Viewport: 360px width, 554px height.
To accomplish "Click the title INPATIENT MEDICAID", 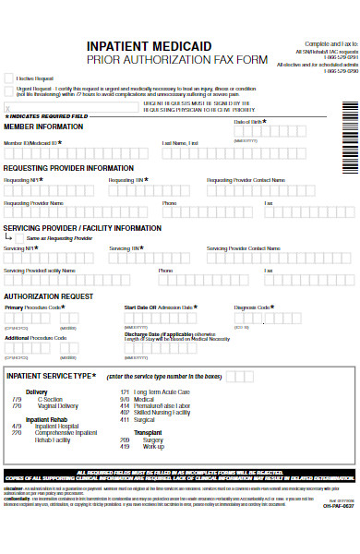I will click(x=150, y=46).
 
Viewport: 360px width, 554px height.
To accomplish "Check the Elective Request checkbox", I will click(x=9, y=78).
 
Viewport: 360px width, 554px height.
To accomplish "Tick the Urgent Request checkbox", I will click(x=9, y=91).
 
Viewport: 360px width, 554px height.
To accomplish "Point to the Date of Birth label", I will click(x=248, y=122).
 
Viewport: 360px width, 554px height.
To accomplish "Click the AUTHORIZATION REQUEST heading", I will click(x=48, y=296).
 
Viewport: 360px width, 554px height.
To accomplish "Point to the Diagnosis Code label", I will click(x=252, y=307).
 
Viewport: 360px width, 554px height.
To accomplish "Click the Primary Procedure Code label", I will click(x=34, y=307).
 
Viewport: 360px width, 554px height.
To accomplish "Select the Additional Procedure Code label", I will click(x=35, y=338).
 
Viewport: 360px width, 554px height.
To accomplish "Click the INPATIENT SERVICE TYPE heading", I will click(x=49, y=376).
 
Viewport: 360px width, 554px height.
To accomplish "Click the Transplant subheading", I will click(x=148, y=431).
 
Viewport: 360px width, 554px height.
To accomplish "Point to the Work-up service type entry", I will click(x=153, y=447).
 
